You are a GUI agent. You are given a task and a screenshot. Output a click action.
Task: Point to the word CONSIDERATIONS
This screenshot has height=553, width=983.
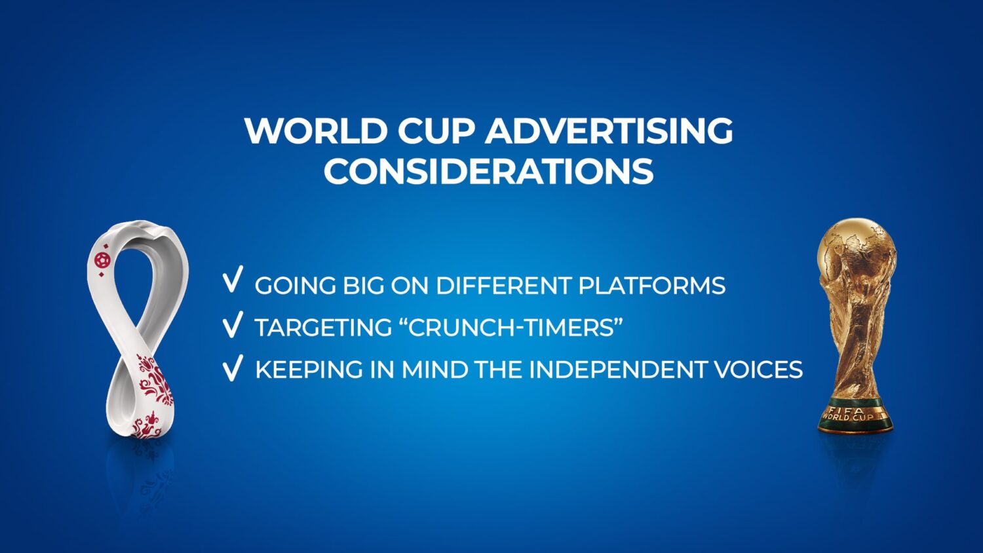click(488, 171)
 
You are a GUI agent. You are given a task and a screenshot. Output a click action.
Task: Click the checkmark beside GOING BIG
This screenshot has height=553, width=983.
click(233, 279)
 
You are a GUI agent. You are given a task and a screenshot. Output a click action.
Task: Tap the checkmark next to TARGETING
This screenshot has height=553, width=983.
click(233, 324)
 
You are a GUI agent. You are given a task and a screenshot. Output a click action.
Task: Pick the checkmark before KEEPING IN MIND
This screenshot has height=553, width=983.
click(233, 368)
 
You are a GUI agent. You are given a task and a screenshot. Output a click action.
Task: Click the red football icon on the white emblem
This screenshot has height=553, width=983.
click(102, 260)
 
